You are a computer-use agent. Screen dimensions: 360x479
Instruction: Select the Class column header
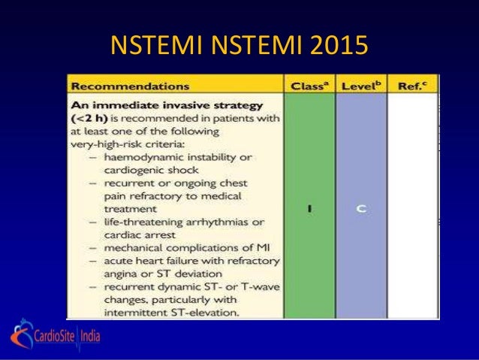[309, 86]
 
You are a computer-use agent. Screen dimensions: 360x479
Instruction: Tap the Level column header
[360, 86]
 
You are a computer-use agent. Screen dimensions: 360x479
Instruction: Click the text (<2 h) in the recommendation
[91, 118]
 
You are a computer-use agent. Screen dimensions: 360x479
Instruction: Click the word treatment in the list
[133, 209]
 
